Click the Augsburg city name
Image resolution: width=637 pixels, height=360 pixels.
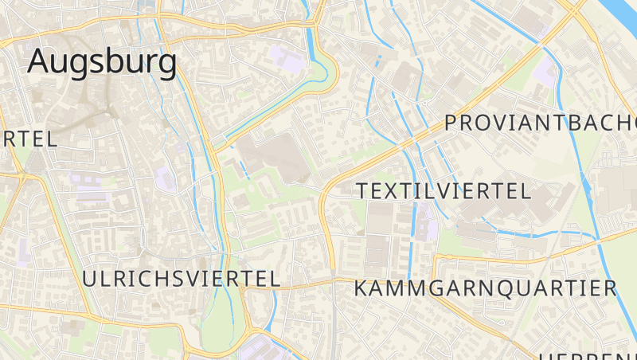click(x=102, y=62)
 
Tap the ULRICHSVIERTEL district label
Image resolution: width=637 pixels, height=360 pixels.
click(x=182, y=278)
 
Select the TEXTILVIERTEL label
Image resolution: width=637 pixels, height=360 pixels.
click(x=444, y=191)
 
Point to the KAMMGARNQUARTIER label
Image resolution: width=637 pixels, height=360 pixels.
click(x=485, y=288)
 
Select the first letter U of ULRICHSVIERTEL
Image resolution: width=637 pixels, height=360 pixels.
click(x=90, y=278)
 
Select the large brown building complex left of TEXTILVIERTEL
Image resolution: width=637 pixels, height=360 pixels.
click(x=275, y=155)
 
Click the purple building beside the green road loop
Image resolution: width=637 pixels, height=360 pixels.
click(x=283, y=58)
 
